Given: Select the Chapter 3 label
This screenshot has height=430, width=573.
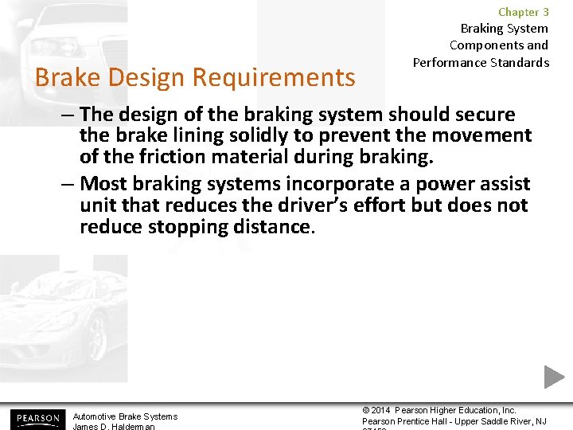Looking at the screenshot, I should pyautogui.click(x=523, y=12).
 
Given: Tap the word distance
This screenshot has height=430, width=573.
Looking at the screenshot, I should pyautogui.click(x=275, y=227).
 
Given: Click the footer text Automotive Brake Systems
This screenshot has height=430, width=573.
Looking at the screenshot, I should pyautogui.click(x=125, y=416).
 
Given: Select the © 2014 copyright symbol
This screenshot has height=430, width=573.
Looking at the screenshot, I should pyautogui.click(x=367, y=410).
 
